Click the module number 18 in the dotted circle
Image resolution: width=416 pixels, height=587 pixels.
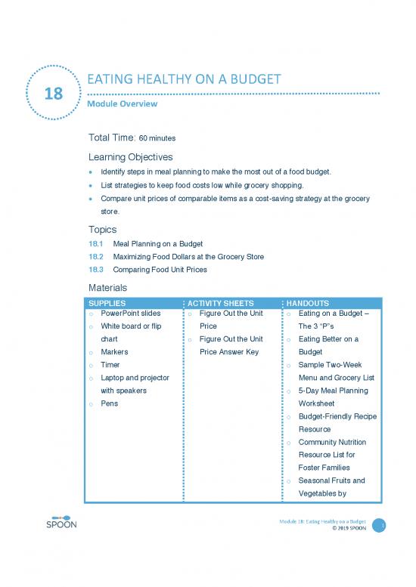click(x=54, y=94)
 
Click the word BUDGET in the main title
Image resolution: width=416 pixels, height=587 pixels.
click(x=252, y=79)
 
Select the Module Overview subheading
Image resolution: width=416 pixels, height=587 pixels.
click(x=123, y=103)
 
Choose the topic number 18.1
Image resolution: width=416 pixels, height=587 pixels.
click(x=97, y=244)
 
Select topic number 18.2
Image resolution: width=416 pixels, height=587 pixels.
click(x=97, y=257)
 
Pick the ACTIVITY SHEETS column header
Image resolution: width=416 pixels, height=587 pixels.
click(x=219, y=303)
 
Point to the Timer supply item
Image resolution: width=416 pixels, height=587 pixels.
click(x=110, y=365)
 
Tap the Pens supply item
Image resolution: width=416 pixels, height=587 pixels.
click(x=109, y=403)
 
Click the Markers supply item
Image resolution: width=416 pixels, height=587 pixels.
click(x=114, y=352)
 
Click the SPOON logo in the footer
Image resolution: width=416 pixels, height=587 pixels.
click(x=61, y=525)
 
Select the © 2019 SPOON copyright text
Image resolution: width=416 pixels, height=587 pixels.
click(x=349, y=529)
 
